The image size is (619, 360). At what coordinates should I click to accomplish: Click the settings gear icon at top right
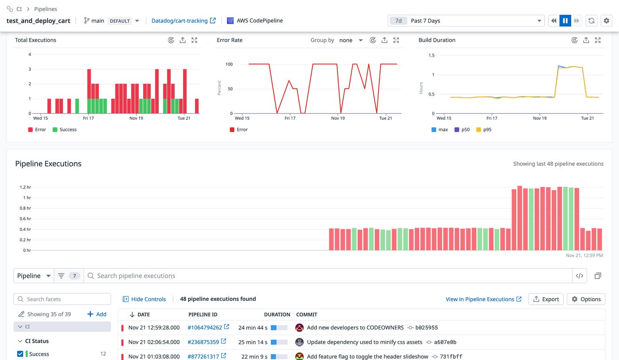(606, 21)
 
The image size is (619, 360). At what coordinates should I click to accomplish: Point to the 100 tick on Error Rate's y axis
(229, 64)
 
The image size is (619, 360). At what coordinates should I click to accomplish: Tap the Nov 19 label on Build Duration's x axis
(539, 118)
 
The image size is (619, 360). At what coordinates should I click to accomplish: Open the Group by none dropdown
(351, 40)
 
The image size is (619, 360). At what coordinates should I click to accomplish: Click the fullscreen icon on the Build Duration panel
(598, 40)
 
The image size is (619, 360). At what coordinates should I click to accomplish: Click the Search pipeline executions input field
(327, 276)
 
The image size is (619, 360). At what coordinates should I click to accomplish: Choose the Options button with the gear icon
(586, 299)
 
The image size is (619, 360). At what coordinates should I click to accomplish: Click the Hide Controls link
(144, 299)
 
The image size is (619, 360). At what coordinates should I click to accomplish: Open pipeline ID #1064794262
(205, 328)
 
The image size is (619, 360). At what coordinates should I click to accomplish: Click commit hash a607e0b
(445, 342)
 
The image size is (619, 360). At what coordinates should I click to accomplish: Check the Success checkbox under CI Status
(20, 354)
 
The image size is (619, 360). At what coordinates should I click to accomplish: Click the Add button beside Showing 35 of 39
(97, 314)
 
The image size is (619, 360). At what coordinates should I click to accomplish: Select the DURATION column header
(277, 314)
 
